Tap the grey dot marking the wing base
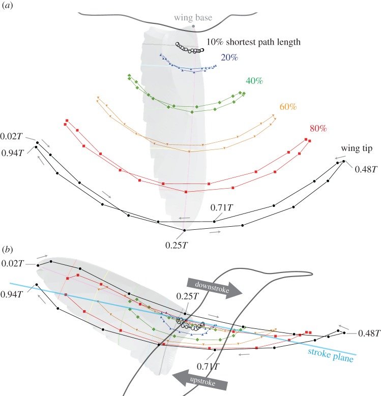coord(193,26)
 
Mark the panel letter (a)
coord(9,7)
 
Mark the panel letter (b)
coord(9,250)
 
